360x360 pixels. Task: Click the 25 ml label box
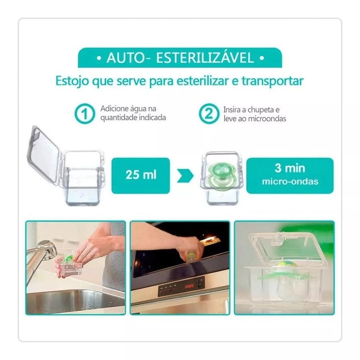coord(140,175)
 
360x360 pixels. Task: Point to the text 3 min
coord(290,168)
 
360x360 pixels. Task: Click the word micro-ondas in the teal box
coord(290,181)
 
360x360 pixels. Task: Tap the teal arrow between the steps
coord(185,176)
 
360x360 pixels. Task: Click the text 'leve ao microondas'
coord(255,118)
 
